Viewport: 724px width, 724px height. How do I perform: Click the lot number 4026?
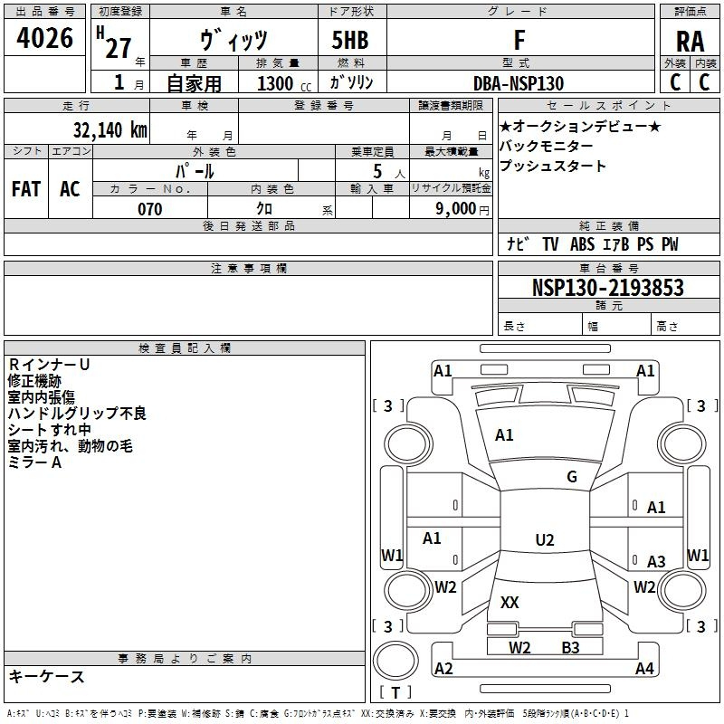click(44, 39)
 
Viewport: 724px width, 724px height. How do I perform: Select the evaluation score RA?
click(690, 41)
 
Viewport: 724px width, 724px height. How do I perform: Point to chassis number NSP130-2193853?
click(607, 288)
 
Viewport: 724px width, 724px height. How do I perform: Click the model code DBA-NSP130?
click(519, 83)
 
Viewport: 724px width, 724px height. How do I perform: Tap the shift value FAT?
click(25, 189)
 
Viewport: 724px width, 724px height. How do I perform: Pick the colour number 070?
click(149, 209)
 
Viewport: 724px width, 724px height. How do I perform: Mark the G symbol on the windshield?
click(572, 477)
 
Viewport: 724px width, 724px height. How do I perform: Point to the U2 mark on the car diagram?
click(544, 540)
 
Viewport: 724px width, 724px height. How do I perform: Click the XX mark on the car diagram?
click(510, 602)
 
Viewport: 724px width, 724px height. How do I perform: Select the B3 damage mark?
click(570, 647)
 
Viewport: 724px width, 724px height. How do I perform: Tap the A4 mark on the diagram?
click(644, 669)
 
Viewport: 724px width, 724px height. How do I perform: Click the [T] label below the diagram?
click(395, 692)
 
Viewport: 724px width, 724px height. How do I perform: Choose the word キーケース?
click(46, 676)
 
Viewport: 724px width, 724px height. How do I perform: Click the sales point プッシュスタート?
click(553, 167)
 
